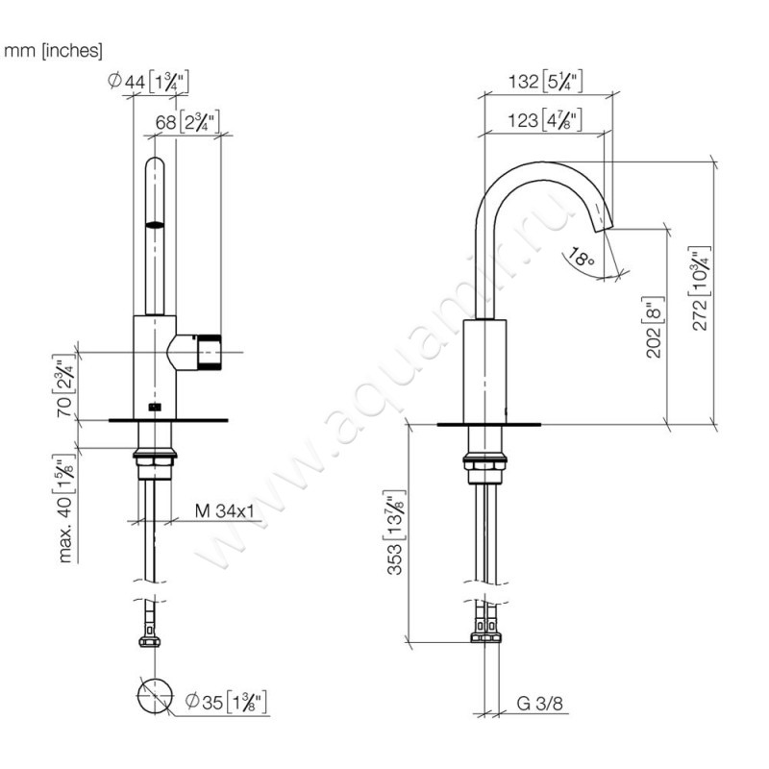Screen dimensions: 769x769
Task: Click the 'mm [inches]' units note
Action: (53, 51)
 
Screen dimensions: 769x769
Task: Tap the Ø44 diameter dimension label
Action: (148, 82)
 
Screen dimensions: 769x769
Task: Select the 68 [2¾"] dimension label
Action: (186, 121)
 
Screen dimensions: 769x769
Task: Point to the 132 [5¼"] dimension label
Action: (545, 81)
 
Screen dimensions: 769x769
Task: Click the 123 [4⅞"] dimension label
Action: (544, 119)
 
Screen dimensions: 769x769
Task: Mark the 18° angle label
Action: (582, 257)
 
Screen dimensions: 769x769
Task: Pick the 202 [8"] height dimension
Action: (655, 327)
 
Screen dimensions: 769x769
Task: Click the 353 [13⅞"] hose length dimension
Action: (395, 533)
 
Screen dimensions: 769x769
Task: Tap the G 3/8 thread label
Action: (539, 704)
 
